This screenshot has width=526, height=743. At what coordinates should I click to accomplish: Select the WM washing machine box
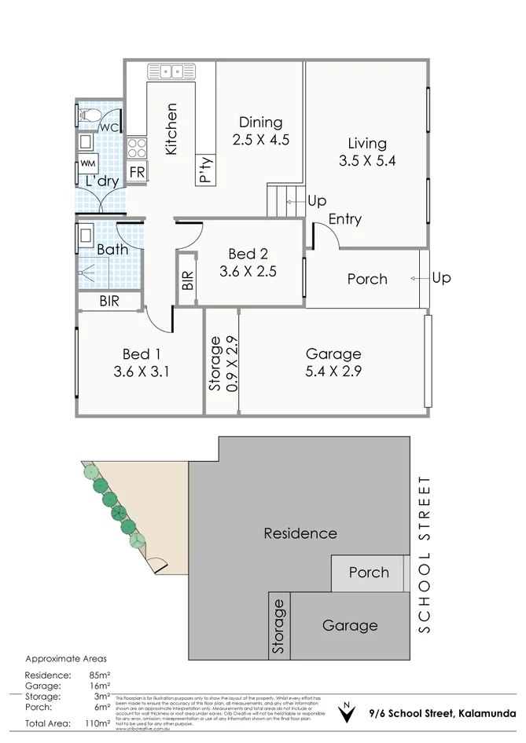coord(86,165)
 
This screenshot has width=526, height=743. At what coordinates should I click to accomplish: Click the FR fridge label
coord(137,172)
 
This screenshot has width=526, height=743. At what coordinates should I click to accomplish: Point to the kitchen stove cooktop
coord(137,147)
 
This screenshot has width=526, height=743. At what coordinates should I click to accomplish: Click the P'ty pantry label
coord(205,169)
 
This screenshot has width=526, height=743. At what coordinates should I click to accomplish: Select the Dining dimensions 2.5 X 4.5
coord(261,141)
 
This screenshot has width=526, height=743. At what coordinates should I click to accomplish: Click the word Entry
coord(344,219)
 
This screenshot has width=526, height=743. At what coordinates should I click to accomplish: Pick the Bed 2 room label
coord(248,254)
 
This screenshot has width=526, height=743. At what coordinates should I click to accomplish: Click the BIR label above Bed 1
coord(109,301)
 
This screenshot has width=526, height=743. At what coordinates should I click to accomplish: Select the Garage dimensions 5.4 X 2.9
coord(333,371)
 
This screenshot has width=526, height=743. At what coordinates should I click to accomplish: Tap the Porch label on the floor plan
coord(367,279)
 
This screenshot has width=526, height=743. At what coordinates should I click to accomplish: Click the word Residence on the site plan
coord(300,533)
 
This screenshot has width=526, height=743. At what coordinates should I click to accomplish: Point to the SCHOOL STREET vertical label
coord(425,555)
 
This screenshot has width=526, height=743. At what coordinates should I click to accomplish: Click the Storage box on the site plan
coord(278,626)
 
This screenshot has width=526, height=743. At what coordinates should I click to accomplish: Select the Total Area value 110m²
coord(97,723)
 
